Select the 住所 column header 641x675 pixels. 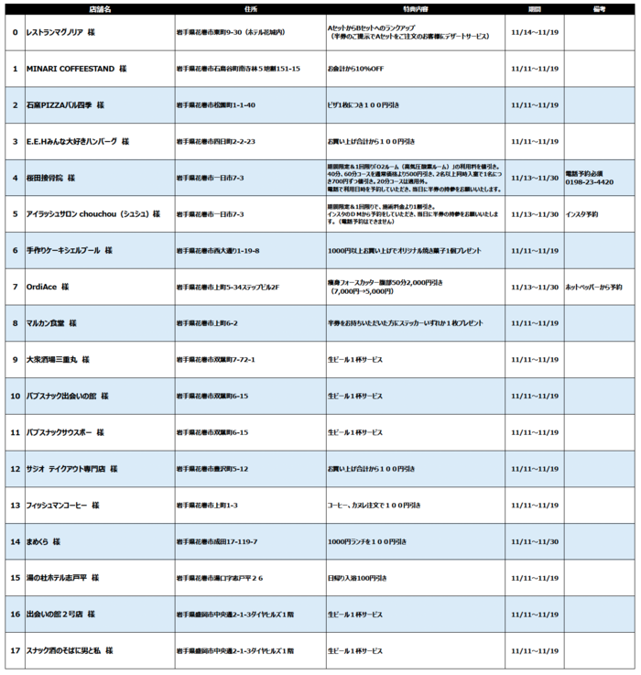251,8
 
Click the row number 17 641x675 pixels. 15,650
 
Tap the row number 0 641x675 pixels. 15,32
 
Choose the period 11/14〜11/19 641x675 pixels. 534,32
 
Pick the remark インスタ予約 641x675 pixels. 583,214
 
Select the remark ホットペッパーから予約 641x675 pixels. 593,287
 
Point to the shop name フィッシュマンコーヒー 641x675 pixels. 62,505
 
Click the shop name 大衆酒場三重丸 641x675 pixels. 57,359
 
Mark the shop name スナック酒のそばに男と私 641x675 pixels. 70,650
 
